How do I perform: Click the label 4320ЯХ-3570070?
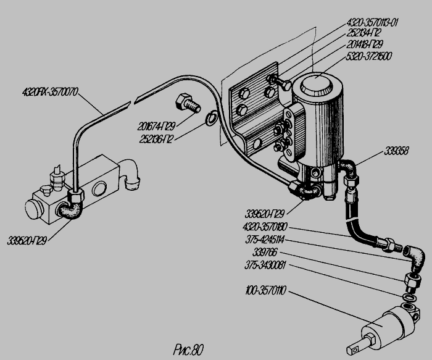coord(51,93)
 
